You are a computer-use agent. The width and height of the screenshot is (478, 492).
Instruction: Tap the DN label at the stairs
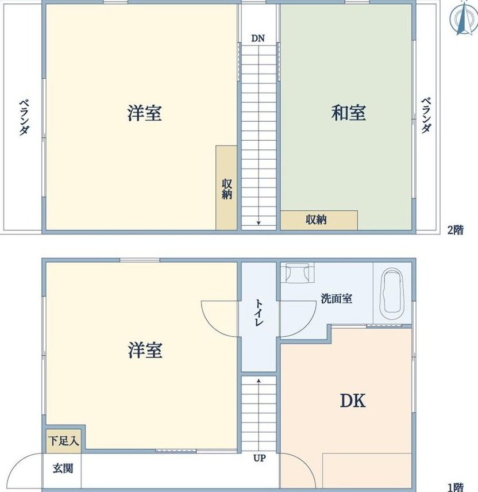[258, 39]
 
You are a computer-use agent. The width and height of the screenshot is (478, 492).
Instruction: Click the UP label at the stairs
[259, 459]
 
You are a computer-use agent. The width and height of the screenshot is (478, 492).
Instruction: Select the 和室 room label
[348, 113]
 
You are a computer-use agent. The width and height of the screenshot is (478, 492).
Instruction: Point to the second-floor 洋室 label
[145, 113]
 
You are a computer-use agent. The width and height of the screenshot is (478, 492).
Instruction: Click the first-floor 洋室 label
[145, 350]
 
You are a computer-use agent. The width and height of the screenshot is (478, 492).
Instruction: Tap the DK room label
[353, 401]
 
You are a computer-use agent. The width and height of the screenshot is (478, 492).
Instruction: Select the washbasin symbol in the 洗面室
[298, 273]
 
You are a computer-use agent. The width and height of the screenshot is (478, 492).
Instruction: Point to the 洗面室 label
[336, 298]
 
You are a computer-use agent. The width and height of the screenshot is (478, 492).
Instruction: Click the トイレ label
[259, 313]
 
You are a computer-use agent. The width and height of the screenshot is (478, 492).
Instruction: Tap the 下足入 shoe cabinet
[63, 441]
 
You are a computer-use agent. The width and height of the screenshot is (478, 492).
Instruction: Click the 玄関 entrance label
[63, 468]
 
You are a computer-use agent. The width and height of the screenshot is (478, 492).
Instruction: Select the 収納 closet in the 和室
[319, 220]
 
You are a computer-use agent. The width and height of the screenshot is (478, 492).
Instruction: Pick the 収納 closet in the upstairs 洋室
[226, 187]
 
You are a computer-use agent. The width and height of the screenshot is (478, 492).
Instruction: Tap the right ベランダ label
[426, 116]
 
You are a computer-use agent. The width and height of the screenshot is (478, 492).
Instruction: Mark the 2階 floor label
[455, 230]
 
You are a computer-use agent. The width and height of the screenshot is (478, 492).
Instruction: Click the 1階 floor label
[455, 487]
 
